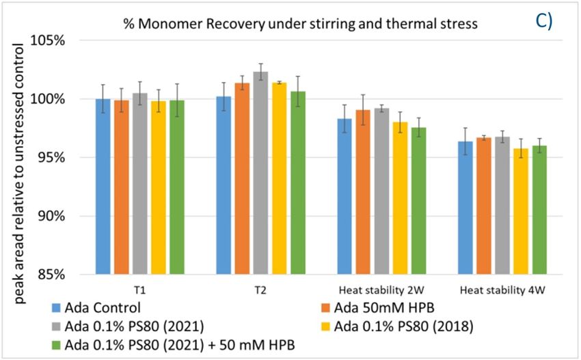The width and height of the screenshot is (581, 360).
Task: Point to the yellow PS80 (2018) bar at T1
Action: tap(158, 187)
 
